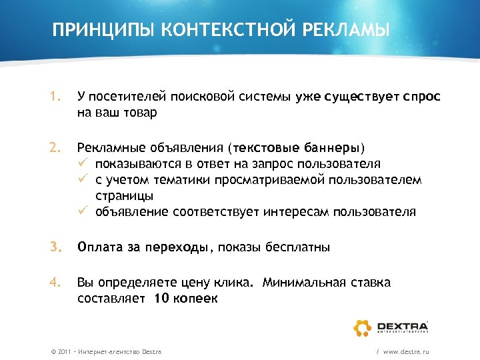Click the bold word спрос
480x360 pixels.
pyautogui.click(x=421, y=97)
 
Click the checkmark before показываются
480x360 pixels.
pyautogui.click(x=83, y=163)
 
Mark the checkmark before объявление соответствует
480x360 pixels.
pyautogui.click(x=83, y=212)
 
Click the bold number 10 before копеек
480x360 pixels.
pyautogui.click(x=161, y=299)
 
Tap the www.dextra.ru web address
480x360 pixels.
pyautogui.click(x=406, y=351)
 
